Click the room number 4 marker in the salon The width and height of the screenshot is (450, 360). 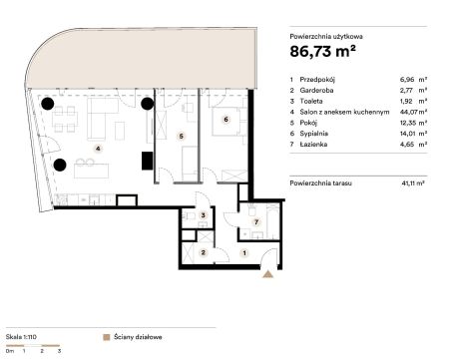pos(98,149)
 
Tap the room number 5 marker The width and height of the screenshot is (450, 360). pos(181,136)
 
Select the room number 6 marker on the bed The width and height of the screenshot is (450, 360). pos(226,119)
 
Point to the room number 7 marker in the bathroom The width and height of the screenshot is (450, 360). pos(256,222)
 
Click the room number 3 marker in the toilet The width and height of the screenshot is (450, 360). pos(204,215)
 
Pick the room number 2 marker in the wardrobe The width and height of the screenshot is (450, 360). pos(204,252)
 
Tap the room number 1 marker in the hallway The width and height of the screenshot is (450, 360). pos(244,253)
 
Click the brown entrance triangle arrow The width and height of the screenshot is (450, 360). pos(267,274)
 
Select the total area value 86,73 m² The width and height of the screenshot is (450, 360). pos(322,51)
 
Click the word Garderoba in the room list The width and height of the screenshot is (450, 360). pos(316,90)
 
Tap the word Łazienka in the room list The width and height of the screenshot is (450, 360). pos(313,144)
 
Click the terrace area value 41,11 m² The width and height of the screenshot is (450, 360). pos(413,182)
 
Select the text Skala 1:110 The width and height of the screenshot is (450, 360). pos(21,337)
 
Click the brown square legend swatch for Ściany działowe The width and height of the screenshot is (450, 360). pos(107,337)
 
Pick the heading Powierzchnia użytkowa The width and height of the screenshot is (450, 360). pos(326,37)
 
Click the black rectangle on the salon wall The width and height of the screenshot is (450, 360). pos(148,161)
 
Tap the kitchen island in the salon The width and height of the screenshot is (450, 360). pos(92,171)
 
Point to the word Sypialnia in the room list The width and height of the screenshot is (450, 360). pos(313,134)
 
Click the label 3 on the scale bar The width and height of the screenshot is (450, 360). pos(59,350)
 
